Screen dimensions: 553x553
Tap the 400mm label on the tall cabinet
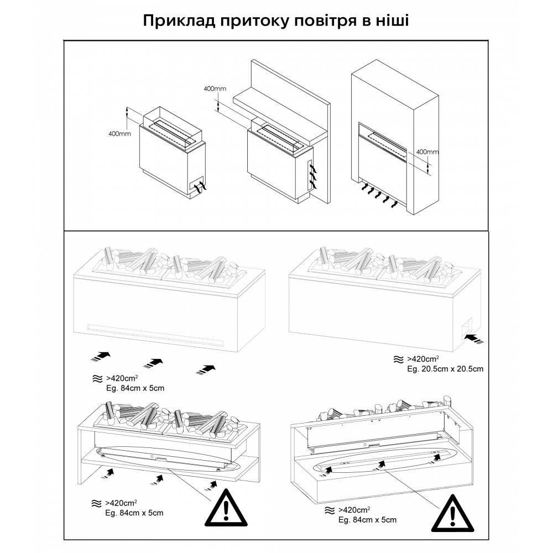426,152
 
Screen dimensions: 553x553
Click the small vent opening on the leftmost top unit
196,186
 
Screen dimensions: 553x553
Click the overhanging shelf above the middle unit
276,111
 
